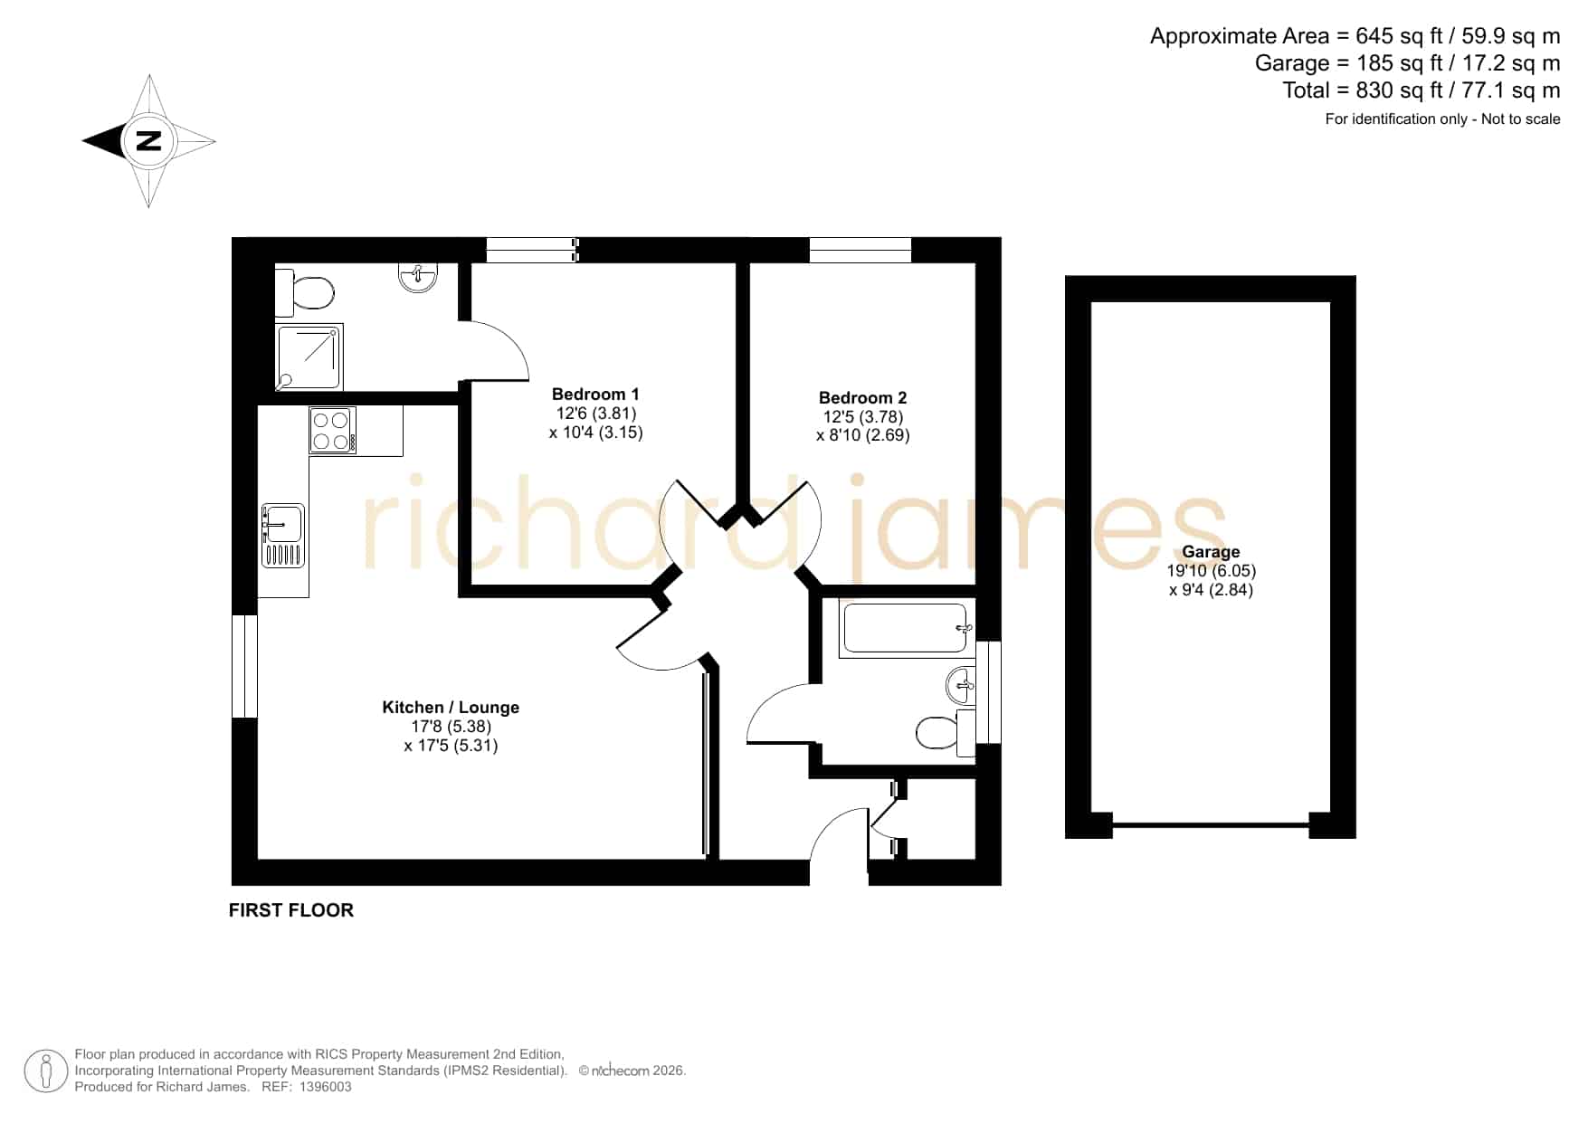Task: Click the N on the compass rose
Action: point(148,141)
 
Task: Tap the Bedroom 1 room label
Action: point(595,395)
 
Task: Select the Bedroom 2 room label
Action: point(862,398)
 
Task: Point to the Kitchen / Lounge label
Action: point(451,708)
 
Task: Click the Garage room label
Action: point(1211,552)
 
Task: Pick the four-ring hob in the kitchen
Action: point(332,431)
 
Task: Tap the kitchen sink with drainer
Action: point(283,536)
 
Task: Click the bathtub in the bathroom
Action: point(906,628)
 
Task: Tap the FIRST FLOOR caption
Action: point(291,910)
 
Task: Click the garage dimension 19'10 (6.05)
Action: point(1212,571)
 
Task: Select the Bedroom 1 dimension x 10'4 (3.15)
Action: point(595,433)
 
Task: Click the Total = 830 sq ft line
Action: point(1421,90)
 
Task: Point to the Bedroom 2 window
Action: point(861,250)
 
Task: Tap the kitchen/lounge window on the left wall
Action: point(245,666)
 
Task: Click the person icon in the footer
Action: point(45,1071)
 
